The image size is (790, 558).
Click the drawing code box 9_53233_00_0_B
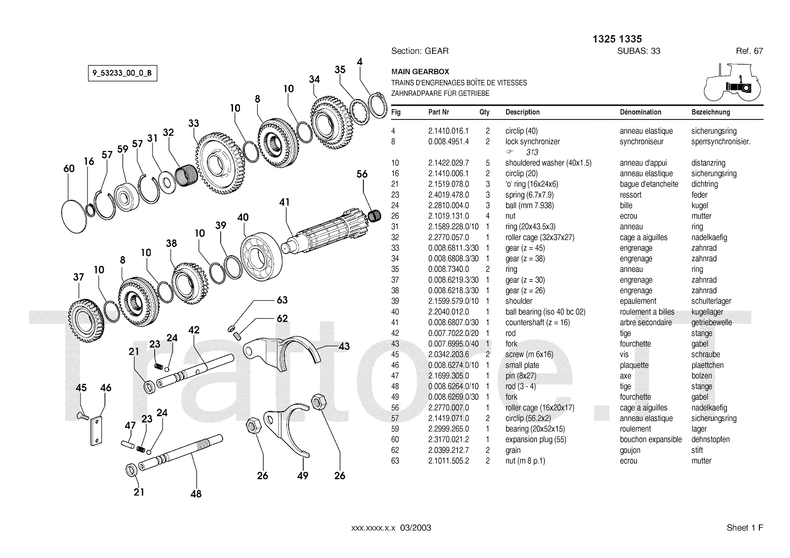point(122,74)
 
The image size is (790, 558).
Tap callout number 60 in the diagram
point(69,169)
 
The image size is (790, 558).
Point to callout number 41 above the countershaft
point(284,202)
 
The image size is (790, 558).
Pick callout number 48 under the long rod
point(196,493)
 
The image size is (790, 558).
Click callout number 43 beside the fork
point(344,346)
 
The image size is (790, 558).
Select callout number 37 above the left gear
point(79,277)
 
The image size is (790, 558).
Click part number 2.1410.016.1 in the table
point(448,131)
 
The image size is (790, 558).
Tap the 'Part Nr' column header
point(438,112)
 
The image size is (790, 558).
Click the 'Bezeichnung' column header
point(711,112)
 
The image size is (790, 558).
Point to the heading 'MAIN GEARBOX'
point(420,72)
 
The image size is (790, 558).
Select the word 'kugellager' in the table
point(707,312)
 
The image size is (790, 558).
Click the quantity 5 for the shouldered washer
point(487,163)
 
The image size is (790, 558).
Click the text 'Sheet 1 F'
point(745,528)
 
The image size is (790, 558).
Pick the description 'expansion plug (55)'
point(536,440)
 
